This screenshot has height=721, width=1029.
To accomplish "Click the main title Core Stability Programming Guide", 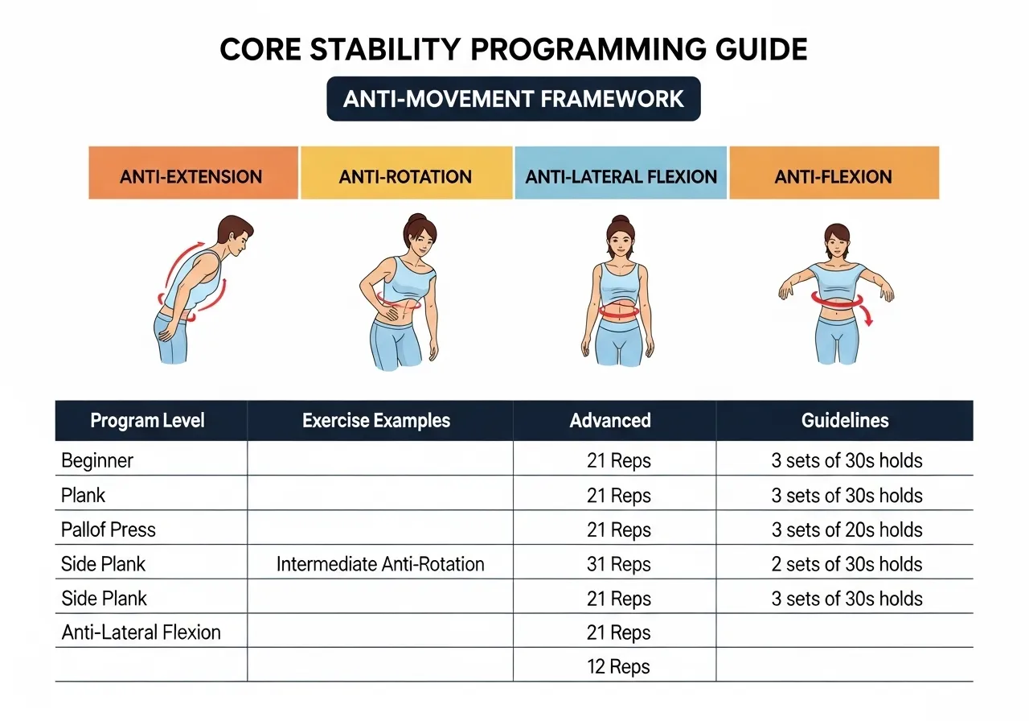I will [514, 50].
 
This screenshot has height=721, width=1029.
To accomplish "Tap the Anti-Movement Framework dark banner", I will [514, 99].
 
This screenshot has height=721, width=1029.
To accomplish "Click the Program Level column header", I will [148, 420].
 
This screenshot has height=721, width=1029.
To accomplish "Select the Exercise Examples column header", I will [376, 420].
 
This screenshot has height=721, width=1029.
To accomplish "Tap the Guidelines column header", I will [845, 420].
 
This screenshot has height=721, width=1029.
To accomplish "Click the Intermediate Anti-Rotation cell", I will [380, 564].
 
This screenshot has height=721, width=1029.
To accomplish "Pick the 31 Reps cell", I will [618, 564].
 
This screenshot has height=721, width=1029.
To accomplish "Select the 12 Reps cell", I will [618, 667].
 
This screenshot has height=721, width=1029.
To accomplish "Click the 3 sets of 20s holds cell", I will [847, 529].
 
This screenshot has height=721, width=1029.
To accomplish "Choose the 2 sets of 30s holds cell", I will [847, 564].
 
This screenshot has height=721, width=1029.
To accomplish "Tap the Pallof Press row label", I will [109, 529].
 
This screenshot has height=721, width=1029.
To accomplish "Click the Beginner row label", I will [97, 461].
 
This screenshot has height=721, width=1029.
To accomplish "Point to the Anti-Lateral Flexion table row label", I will [141, 632].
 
